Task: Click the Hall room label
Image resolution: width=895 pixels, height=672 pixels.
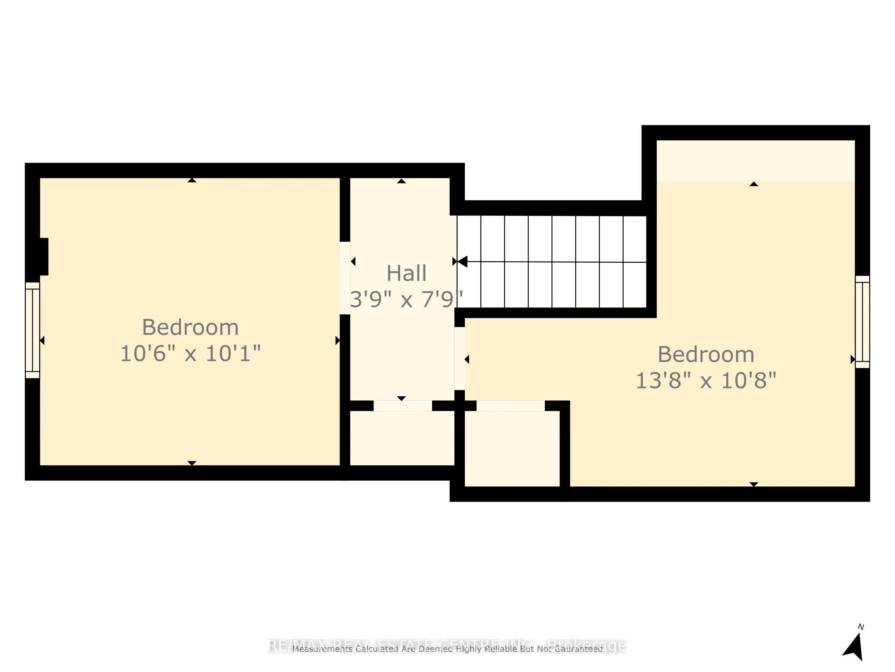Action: click(406, 273)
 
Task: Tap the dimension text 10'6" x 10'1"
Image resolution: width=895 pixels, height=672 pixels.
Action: click(190, 354)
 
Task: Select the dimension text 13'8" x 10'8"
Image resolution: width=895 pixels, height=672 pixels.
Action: click(706, 381)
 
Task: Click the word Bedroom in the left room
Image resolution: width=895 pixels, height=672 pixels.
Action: click(190, 327)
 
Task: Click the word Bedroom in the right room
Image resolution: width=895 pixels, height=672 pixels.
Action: click(706, 355)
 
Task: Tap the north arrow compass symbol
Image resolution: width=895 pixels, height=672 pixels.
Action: click(854, 647)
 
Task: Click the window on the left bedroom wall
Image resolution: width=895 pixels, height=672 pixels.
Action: click(32, 330)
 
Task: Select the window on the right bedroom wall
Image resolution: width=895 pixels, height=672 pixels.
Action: click(862, 322)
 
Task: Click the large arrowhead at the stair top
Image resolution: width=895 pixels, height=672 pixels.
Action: click(462, 262)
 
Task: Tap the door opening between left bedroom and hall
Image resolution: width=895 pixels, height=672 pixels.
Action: click(345, 278)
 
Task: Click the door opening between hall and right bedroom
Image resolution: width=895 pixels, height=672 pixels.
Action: click(459, 358)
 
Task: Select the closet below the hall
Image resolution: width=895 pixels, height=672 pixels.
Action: click(402, 438)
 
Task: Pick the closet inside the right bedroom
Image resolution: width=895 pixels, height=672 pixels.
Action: click(512, 449)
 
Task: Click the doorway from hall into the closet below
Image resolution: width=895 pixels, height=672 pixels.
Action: click(403, 405)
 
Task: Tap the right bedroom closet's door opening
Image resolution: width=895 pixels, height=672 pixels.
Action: click(511, 405)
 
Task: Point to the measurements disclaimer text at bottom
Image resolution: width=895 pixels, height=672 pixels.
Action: click(447, 649)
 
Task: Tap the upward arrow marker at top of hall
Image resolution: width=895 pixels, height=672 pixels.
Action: click(401, 181)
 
